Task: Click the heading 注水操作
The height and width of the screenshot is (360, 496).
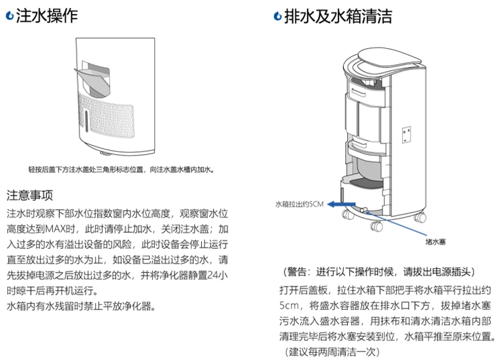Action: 47,15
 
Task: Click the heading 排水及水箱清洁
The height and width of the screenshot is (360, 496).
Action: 338,16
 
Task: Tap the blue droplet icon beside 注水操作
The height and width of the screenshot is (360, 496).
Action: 10,16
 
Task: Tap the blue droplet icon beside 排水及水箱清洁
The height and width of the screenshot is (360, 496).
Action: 277,17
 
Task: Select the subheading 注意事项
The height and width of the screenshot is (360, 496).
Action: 30,195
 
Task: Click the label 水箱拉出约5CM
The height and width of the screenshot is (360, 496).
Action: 299,204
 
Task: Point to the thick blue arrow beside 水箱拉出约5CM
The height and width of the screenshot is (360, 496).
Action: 341,204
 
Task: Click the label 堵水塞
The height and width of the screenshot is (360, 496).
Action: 435,242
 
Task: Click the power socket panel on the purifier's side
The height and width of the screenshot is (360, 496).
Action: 407,134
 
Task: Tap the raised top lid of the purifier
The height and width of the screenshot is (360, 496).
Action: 390,58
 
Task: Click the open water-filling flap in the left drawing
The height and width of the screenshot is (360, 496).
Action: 93,81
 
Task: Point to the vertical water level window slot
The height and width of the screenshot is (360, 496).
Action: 87,120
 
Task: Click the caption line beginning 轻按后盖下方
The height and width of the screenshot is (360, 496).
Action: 122,169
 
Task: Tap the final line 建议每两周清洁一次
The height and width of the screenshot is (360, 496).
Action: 332,351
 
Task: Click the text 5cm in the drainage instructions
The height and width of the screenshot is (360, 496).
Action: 289,306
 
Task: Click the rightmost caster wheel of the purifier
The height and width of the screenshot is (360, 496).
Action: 421,217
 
